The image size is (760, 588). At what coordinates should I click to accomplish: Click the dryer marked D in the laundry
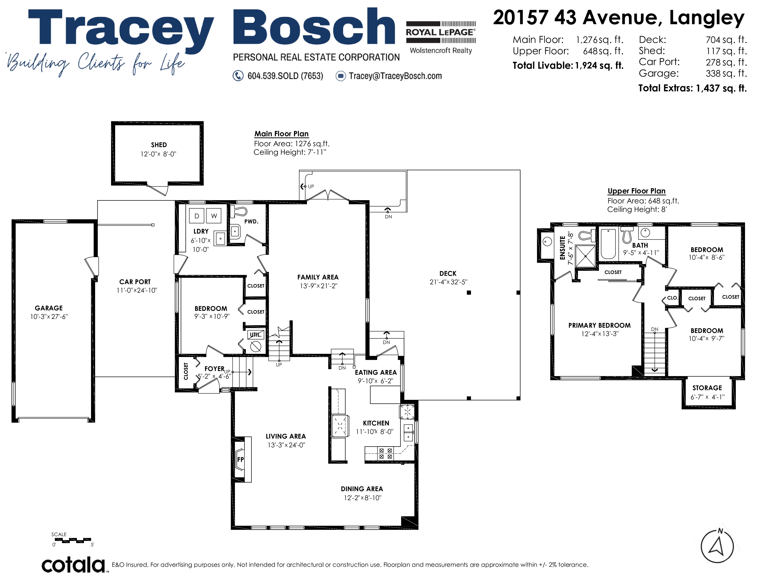[197, 216]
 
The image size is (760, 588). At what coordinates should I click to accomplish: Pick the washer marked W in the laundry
[214, 216]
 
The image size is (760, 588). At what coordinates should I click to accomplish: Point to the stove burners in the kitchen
[386, 454]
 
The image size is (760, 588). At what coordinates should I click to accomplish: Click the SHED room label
[159, 145]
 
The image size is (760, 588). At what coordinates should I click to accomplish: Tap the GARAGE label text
[49, 308]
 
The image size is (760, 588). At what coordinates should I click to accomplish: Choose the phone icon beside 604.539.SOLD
[238, 76]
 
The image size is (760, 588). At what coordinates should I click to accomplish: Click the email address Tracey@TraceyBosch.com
[395, 76]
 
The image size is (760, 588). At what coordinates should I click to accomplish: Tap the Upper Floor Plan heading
[637, 191]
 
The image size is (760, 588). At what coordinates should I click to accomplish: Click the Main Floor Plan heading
[281, 134]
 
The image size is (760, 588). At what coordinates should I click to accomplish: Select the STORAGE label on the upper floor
[707, 388]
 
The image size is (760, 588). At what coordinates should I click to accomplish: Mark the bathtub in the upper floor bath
[608, 244]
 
